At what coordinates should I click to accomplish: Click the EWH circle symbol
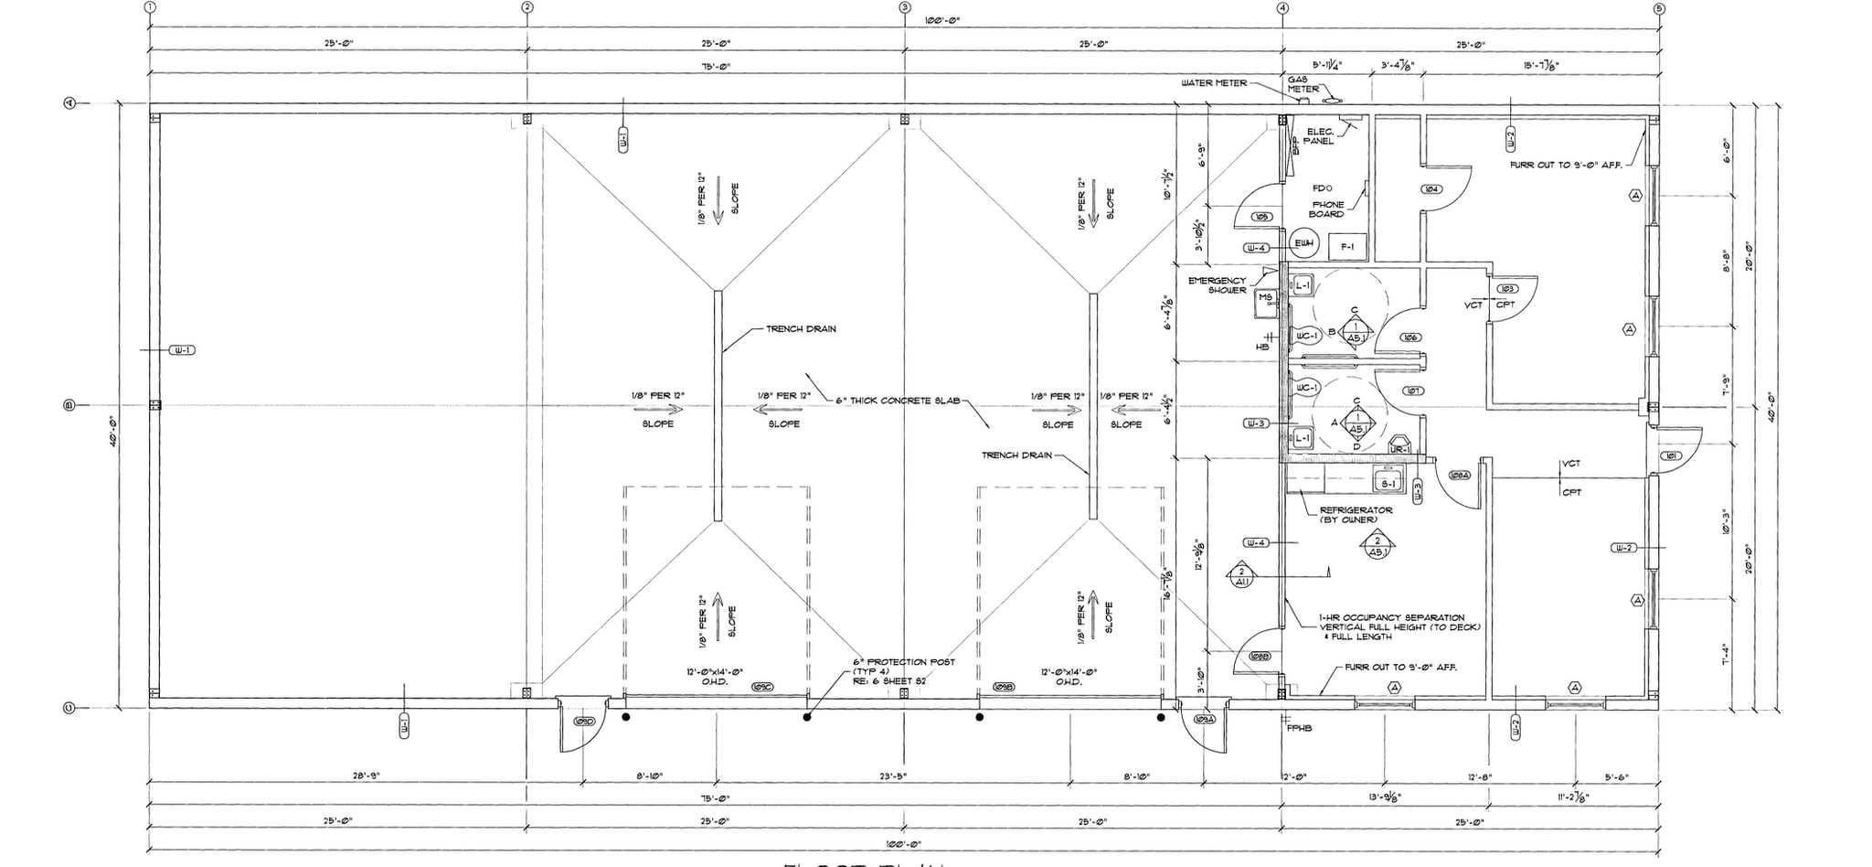click(x=1303, y=243)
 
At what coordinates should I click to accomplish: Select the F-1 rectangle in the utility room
click(x=1347, y=247)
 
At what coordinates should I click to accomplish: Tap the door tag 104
click(x=1431, y=189)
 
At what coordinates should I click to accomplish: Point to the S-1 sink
click(x=1389, y=482)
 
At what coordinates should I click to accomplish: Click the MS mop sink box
click(x=1266, y=303)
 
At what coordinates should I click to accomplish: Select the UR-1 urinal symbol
click(x=1398, y=449)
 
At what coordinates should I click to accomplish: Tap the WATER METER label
click(x=1213, y=83)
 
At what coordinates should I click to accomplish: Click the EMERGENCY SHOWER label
click(x=1217, y=285)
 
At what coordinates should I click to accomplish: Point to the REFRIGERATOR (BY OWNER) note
click(x=1356, y=515)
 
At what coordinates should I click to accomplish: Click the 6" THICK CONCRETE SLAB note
click(x=898, y=401)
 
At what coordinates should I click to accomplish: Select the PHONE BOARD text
click(x=1327, y=209)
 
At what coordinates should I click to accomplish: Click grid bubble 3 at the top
click(x=904, y=7)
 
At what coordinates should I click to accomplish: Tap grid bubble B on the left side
click(x=69, y=405)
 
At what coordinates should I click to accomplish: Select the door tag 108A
click(x=1459, y=476)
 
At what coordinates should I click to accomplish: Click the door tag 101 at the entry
click(x=1671, y=455)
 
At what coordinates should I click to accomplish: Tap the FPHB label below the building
click(x=1299, y=729)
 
